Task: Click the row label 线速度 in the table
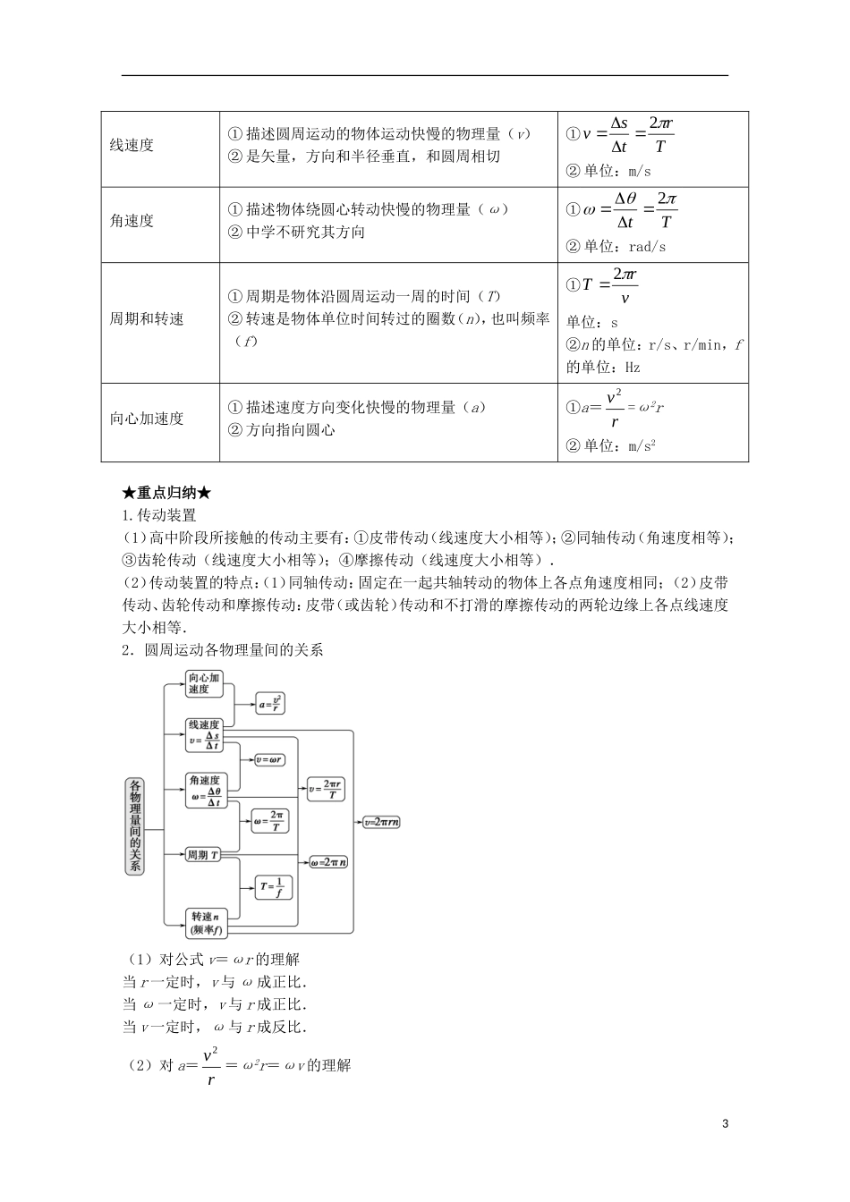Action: pos(132,146)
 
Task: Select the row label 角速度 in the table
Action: pos(132,221)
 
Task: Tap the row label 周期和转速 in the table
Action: pos(147,319)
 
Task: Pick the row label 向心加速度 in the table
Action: pos(147,419)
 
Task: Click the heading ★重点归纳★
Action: pos(167,493)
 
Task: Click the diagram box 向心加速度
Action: pos(203,684)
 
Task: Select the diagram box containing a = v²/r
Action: pos(270,703)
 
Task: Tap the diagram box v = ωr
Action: pos(269,759)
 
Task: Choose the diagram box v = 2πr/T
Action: pos(326,789)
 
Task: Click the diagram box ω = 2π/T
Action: pos(269,820)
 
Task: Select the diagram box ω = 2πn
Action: pos(328,862)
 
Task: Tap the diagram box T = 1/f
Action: pos(273,887)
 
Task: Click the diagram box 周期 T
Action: pos(203,856)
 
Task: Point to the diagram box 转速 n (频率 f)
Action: pos(205,923)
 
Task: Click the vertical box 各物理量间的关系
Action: pos(135,825)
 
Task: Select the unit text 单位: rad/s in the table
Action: pos(616,247)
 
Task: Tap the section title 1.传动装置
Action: pos(159,515)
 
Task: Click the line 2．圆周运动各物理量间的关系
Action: pos(222,650)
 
